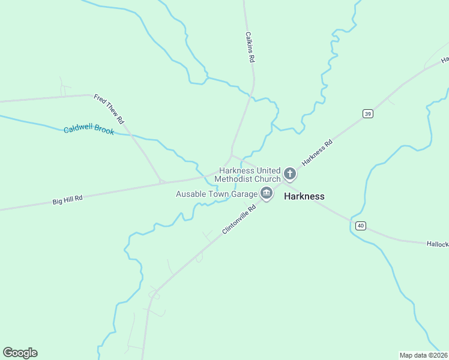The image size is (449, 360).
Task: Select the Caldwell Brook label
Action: pyautogui.click(x=89, y=130)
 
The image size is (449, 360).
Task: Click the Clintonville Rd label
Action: pyautogui.click(x=239, y=220)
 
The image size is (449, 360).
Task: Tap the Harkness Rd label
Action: pyautogui.click(x=317, y=153)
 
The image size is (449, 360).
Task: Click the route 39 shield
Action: pyautogui.click(x=368, y=113)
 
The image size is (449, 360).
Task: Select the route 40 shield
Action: pyautogui.click(x=360, y=226)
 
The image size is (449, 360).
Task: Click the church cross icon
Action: pyautogui.click(x=290, y=175)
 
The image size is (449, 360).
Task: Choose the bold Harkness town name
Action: pyautogui.click(x=304, y=196)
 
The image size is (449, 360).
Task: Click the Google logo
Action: pyautogui.click(x=20, y=353)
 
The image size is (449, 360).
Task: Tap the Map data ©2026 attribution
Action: pyautogui.click(x=423, y=355)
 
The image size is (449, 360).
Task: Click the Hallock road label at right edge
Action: pyautogui.click(x=438, y=244)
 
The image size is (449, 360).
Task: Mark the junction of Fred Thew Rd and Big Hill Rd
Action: pyautogui.click(x=161, y=181)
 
